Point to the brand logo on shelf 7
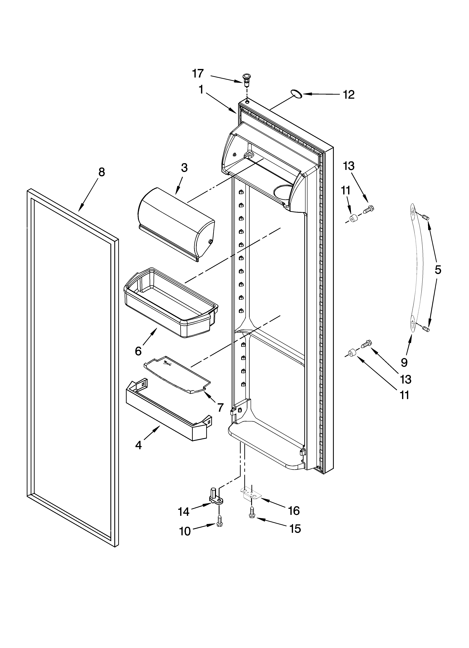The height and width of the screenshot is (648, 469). pos(167,364)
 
